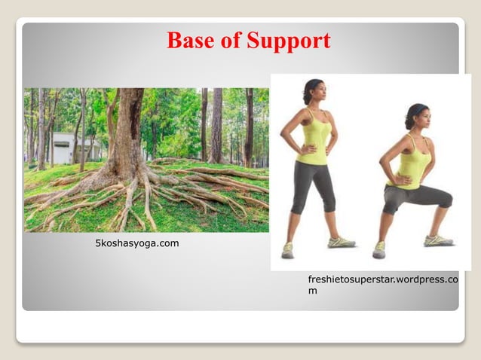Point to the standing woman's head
click(314, 93)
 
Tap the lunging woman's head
click(418, 117)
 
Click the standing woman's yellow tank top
click(316, 139)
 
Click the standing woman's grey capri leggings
click(313, 185)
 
